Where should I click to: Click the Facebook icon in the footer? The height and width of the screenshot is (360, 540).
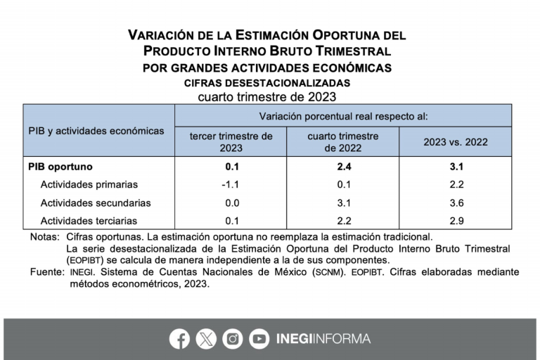click(x=179, y=339)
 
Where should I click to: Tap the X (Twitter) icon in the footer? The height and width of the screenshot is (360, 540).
click(x=206, y=339)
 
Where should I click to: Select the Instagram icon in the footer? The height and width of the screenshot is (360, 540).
click(x=233, y=339)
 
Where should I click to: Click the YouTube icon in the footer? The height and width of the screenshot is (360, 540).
click(x=259, y=339)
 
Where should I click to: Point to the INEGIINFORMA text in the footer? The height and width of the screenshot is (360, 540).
click(x=323, y=339)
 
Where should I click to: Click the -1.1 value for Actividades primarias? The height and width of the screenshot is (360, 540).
click(x=232, y=185)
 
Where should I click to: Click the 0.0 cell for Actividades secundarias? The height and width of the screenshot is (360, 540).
click(x=232, y=203)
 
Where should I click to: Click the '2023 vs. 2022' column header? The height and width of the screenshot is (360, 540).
click(x=455, y=142)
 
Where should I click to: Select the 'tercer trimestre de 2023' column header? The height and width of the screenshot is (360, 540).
click(x=231, y=142)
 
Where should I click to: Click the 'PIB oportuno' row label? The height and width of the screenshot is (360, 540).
click(x=60, y=167)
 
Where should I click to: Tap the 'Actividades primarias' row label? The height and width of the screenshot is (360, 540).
click(x=89, y=185)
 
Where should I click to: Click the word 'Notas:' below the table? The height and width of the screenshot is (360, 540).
click(x=45, y=238)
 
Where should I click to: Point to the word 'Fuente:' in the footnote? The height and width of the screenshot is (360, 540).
click(x=46, y=272)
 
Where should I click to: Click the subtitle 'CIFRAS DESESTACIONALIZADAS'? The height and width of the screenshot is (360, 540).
click(x=267, y=83)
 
